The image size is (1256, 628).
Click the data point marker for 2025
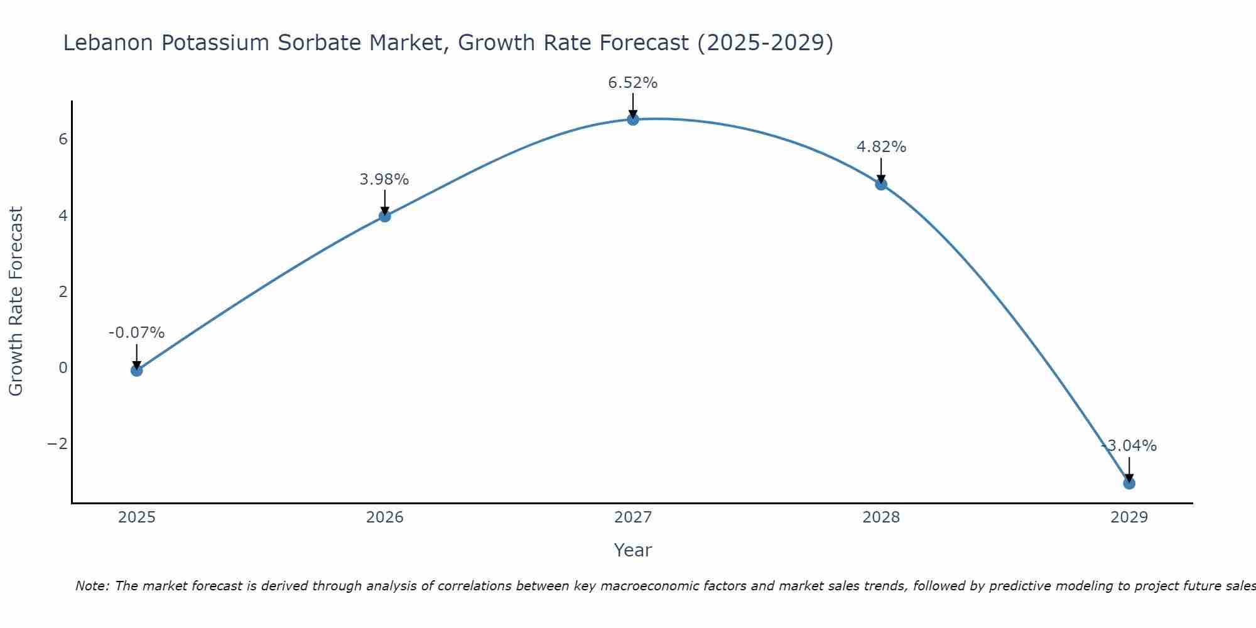(x=136, y=371)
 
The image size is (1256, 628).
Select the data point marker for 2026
(x=385, y=216)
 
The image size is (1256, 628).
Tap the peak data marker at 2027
(x=633, y=119)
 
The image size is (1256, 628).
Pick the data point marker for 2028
(x=881, y=184)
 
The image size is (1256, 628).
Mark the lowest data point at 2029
(x=1129, y=484)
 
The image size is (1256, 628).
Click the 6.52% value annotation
(x=632, y=83)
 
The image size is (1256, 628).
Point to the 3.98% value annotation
(x=384, y=180)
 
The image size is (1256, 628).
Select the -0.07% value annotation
(x=136, y=333)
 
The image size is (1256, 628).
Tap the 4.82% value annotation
(x=881, y=147)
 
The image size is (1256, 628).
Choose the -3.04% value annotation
(x=1129, y=446)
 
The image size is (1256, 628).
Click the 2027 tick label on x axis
(x=633, y=517)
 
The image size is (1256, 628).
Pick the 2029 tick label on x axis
(x=1129, y=517)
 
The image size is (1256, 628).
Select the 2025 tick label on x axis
(x=137, y=517)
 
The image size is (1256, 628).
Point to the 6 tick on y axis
(x=63, y=139)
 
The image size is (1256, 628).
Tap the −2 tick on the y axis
(x=58, y=444)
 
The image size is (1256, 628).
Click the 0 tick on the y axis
(x=63, y=368)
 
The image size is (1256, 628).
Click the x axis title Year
(x=633, y=550)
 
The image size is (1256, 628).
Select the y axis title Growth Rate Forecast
(x=16, y=301)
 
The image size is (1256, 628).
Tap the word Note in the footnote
(x=92, y=586)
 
